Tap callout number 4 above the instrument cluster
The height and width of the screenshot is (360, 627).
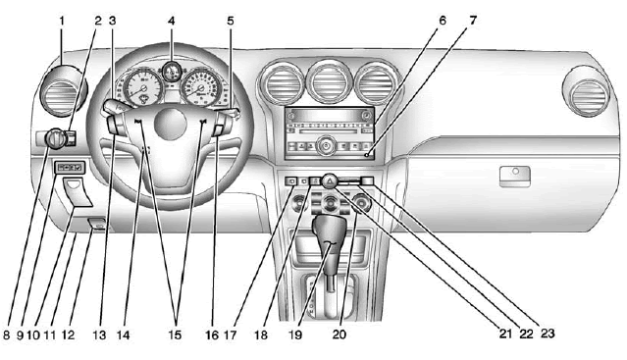(x=171, y=18)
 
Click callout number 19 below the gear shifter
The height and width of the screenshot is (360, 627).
(x=291, y=334)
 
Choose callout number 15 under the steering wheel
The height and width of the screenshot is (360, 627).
(x=178, y=334)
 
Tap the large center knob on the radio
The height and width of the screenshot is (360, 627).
(x=330, y=146)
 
